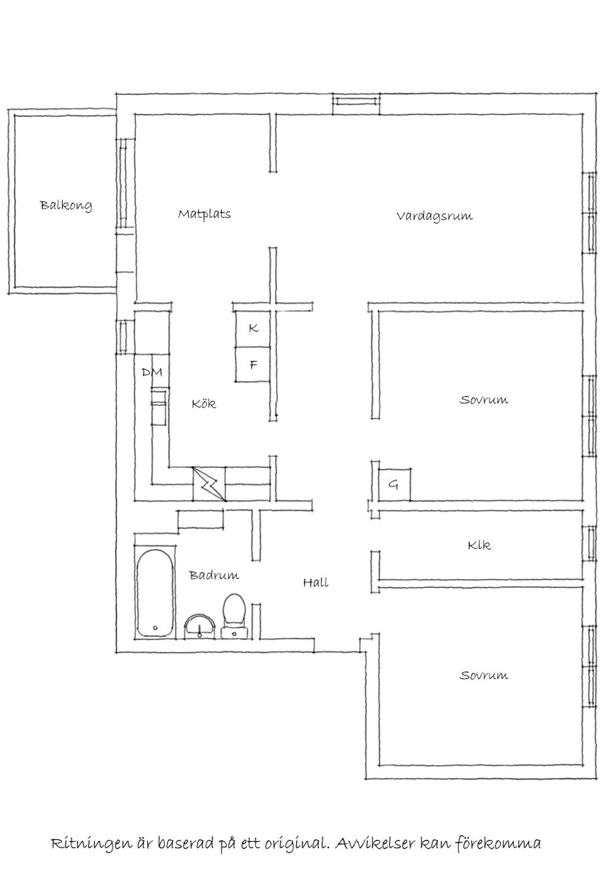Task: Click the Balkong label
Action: (66, 205)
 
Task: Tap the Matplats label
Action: (204, 214)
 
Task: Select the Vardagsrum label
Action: (434, 216)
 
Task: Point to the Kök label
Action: (204, 404)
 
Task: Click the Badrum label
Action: (214, 575)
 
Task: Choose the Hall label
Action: (315, 583)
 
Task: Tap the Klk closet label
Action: (479, 545)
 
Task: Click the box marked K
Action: (253, 328)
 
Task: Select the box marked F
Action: (253, 365)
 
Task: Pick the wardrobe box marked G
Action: (394, 485)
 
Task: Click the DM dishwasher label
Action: (152, 372)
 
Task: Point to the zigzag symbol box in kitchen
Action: (209, 484)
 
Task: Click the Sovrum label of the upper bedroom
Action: (483, 400)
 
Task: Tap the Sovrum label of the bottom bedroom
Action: (483, 676)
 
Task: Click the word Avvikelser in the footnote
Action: (375, 843)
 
